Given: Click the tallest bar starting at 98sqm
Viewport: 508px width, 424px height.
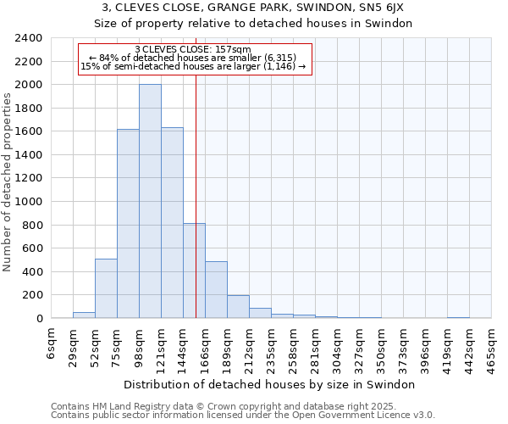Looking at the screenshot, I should tap(150, 201).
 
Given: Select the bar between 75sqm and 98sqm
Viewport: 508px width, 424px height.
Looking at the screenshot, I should tap(128, 224).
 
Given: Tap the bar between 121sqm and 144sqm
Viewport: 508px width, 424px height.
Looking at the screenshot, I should tap(172, 223).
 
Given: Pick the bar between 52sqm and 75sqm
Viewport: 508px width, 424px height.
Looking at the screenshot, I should tap(106, 288).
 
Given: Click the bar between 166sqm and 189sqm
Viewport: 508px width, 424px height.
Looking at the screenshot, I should tap(216, 290).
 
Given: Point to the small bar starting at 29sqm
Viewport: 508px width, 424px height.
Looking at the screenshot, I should tap(84, 315).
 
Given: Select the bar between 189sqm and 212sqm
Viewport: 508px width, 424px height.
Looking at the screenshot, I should tap(238, 307).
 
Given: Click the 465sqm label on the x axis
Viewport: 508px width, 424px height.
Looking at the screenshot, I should tap(492, 348).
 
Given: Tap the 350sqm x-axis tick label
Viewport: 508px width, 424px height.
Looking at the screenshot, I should tap(382, 348).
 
